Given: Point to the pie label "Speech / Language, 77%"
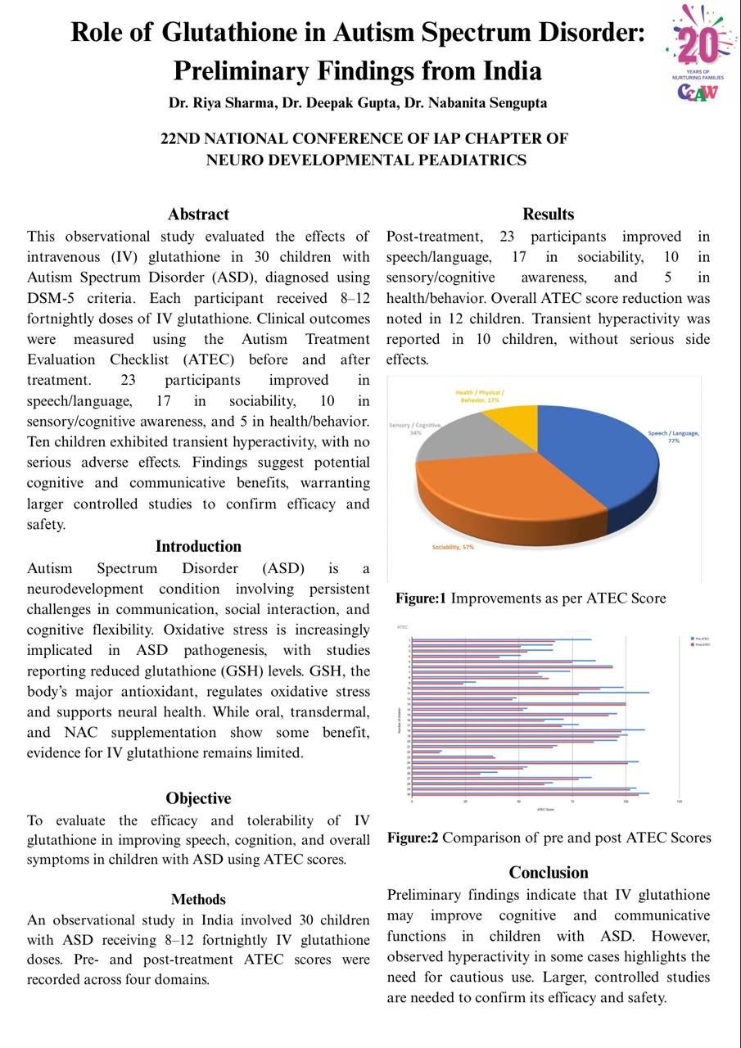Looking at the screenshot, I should point(673,436).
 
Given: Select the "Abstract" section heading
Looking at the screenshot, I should point(198,215).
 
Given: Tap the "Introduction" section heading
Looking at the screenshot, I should point(198,546).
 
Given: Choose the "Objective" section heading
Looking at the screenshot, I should point(198,798).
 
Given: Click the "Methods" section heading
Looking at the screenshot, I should point(198,900).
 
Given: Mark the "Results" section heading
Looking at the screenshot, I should point(548,215).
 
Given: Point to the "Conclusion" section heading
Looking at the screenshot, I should point(548,872).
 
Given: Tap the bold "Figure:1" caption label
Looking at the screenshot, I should point(421,599).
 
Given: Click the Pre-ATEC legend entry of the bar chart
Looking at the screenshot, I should point(700,638).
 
